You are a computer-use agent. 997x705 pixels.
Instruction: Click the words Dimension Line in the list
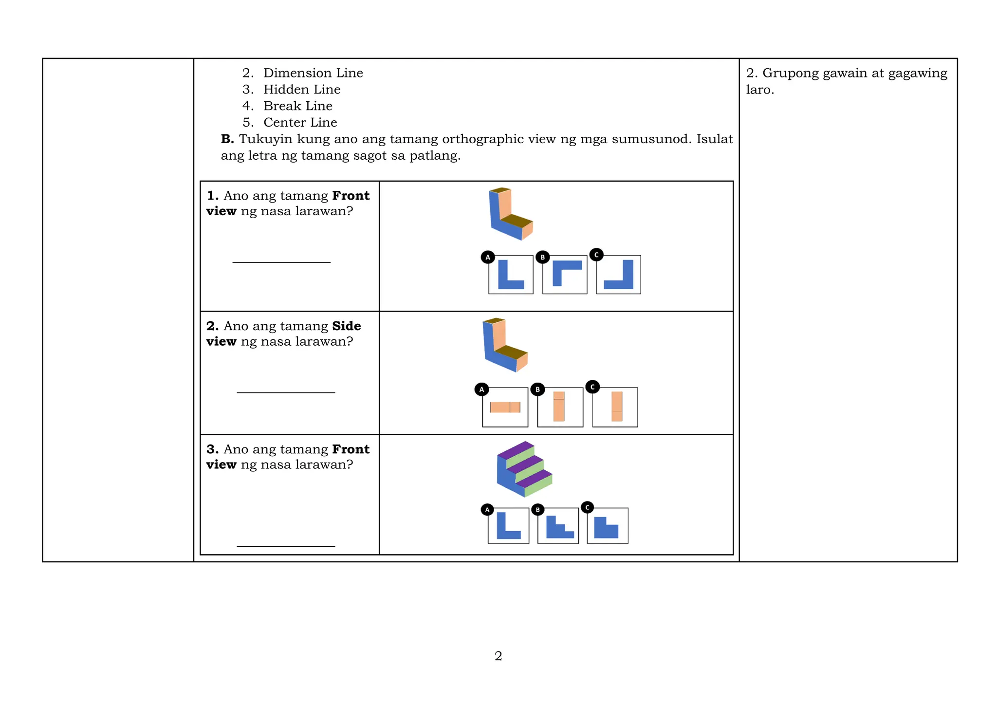(x=313, y=73)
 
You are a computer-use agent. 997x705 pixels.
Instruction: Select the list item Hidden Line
(x=302, y=90)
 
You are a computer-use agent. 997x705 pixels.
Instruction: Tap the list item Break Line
(x=298, y=106)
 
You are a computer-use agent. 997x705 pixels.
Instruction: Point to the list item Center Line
(x=300, y=123)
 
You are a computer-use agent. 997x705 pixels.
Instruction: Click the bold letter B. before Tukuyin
(x=227, y=139)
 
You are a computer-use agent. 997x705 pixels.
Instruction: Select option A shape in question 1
(x=511, y=275)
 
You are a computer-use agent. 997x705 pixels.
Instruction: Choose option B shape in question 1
(x=565, y=275)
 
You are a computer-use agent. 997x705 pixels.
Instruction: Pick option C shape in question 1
(x=619, y=275)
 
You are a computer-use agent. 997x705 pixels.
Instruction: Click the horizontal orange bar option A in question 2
(x=505, y=408)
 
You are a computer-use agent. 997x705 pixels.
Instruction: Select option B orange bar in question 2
(x=559, y=407)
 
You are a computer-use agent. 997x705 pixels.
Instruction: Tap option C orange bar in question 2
(x=617, y=407)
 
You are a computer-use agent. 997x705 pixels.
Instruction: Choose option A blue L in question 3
(x=508, y=526)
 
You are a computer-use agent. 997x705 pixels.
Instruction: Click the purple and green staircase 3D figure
(x=524, y=469)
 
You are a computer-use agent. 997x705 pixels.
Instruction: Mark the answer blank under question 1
(x=281, y=261)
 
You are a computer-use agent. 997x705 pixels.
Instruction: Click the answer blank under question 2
(x=286, y=391)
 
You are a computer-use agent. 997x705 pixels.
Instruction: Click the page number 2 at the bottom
(x=498, y=656)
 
